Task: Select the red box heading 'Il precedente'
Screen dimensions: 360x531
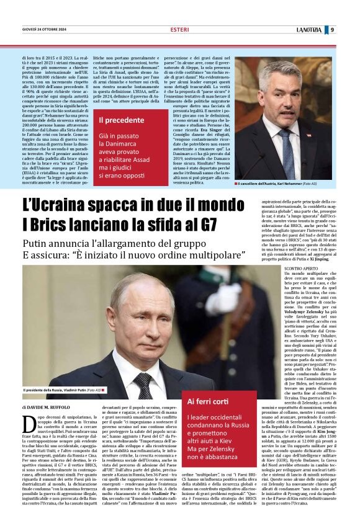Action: point(121,120)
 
